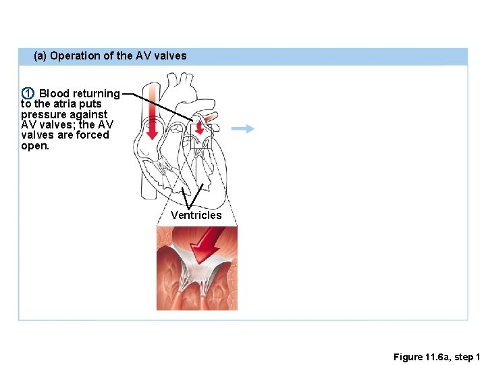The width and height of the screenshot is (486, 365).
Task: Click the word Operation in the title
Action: click(x=74, y=56)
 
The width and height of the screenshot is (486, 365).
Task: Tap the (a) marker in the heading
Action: click(x=40, y=56)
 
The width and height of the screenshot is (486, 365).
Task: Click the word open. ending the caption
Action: click(x=35, y=145)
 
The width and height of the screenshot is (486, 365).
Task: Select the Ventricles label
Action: click(x=196, y=215)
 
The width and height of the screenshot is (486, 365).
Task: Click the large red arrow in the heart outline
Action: click(x=153, y=111)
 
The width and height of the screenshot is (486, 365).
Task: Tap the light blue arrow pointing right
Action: click(x=243, y=128)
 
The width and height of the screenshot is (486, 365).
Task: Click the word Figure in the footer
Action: click(x=408, y=356)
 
